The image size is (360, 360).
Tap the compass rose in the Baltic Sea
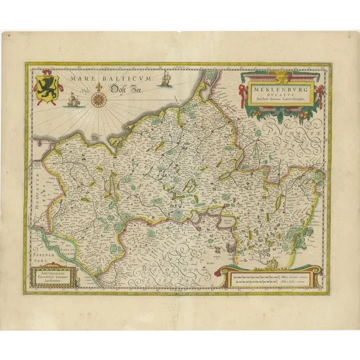[x=101, y=100]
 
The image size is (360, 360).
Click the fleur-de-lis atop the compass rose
[x=101, y=89]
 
